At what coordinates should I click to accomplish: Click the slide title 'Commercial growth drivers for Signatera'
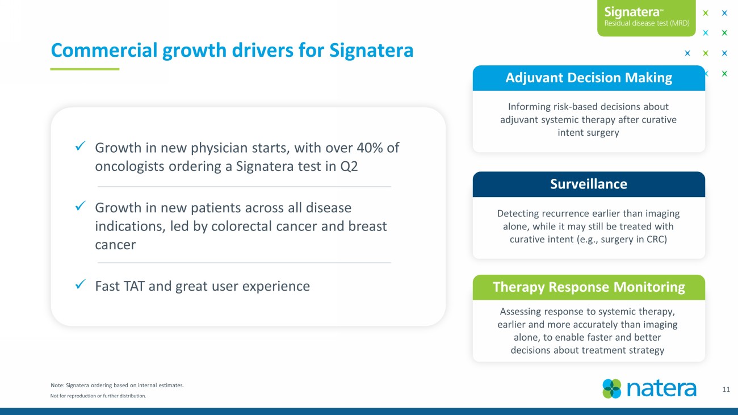232,51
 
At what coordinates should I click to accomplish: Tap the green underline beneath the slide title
85,69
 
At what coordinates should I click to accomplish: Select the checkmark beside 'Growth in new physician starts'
80,146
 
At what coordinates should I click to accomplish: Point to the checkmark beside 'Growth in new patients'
80,206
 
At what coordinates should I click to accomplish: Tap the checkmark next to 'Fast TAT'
80,284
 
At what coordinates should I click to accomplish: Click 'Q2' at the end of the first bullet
349,166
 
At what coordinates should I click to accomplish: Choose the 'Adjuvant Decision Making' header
589,78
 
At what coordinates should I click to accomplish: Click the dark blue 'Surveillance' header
589,184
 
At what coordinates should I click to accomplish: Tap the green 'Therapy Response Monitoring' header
589,287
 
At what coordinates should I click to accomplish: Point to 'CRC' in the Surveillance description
655,239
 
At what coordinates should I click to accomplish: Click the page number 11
726,389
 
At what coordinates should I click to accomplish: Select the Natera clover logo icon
612,389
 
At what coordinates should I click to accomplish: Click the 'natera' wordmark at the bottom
661,389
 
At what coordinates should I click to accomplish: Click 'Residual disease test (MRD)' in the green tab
647,23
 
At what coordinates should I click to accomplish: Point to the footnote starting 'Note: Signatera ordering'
117,385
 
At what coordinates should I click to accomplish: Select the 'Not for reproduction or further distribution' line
98,396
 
